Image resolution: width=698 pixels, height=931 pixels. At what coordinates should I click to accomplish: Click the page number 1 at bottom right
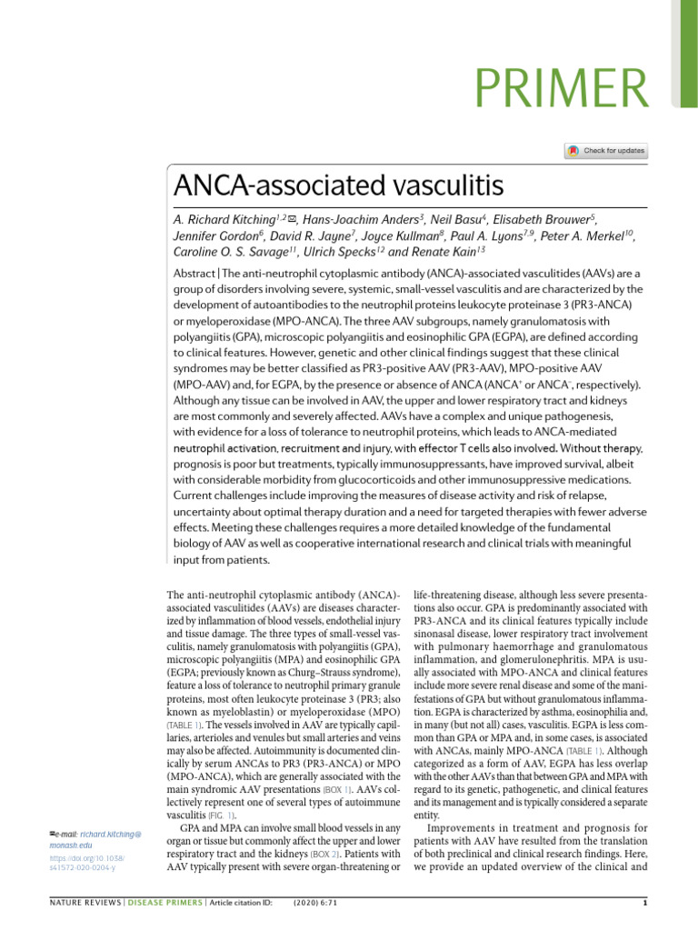pyautogui.click(x=643, y=909)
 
